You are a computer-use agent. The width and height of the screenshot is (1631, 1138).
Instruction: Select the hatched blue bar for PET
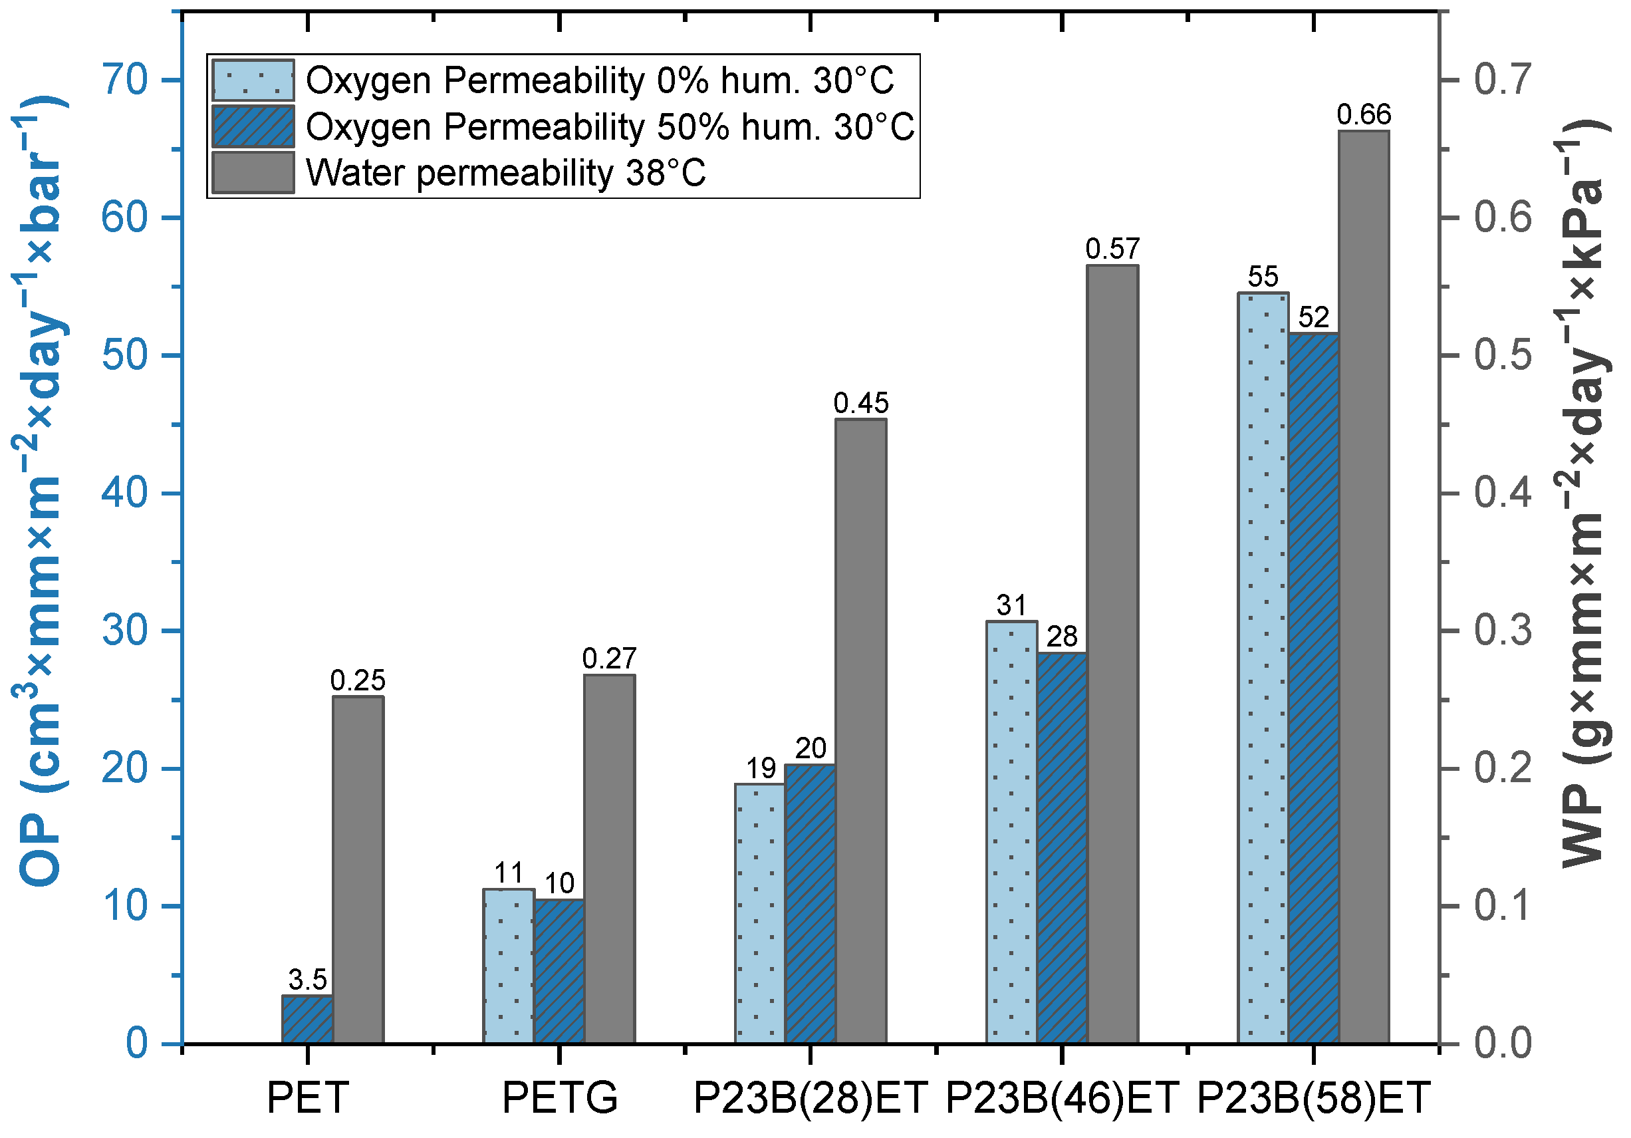pos(308,1020)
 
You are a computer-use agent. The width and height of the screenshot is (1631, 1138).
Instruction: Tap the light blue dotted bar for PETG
pos(509,966)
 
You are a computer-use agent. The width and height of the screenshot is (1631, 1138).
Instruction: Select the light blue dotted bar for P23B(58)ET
pos(1263,668)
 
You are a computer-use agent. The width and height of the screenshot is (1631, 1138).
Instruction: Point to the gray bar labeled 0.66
pos(1364,587)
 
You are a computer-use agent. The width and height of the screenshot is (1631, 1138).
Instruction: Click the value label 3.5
pos(308,980)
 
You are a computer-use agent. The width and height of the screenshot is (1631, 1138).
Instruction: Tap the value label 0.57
pos(1112,249)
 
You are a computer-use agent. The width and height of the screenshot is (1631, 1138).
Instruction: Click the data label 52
pos(1313,317)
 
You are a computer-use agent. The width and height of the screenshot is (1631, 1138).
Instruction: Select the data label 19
pos(760,768)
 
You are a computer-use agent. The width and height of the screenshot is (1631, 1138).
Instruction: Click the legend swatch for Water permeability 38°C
pos(253,172)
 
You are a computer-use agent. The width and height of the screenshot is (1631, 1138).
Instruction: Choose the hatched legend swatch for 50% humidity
pos(253,126)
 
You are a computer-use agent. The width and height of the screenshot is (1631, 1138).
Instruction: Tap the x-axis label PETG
pos(560,1097)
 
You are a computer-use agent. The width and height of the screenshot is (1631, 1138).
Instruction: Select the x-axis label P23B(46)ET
pos(1062,1097)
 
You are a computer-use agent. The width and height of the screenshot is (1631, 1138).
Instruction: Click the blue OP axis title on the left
pos(41,490)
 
